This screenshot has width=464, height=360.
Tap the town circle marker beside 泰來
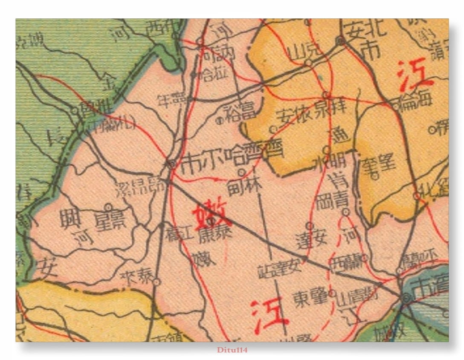[157, 282]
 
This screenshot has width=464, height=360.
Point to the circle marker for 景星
[108, 207]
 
